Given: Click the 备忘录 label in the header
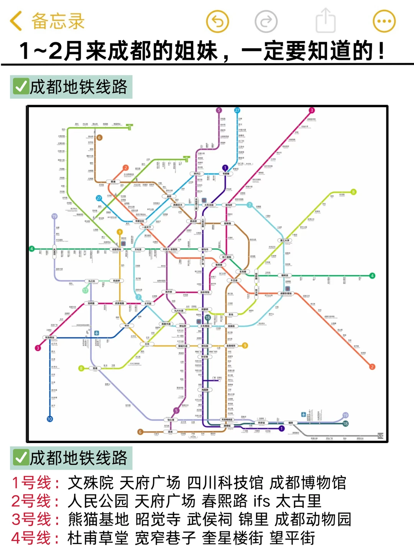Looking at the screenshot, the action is [58, 21].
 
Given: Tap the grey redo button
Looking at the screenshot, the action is [266, 21].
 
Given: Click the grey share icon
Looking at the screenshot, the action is [325, 21].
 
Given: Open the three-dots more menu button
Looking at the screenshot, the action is [384, 21].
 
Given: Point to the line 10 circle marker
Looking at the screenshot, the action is [49, 419].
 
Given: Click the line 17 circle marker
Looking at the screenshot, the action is [85, 290].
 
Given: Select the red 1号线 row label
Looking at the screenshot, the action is [35, 483].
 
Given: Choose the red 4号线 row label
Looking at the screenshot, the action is [35, 538].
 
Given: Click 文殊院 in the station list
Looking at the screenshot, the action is [91, 483].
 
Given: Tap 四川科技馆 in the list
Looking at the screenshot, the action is [225, 483].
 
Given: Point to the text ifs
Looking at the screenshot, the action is [262, 501].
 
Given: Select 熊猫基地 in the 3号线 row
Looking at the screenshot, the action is [99, 520].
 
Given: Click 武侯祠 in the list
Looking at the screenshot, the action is [210, 520].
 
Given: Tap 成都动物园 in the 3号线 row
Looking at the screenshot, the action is [312, 520].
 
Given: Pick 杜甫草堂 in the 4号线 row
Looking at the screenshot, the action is [98, 538].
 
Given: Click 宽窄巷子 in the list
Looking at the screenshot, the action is [166, 538].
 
